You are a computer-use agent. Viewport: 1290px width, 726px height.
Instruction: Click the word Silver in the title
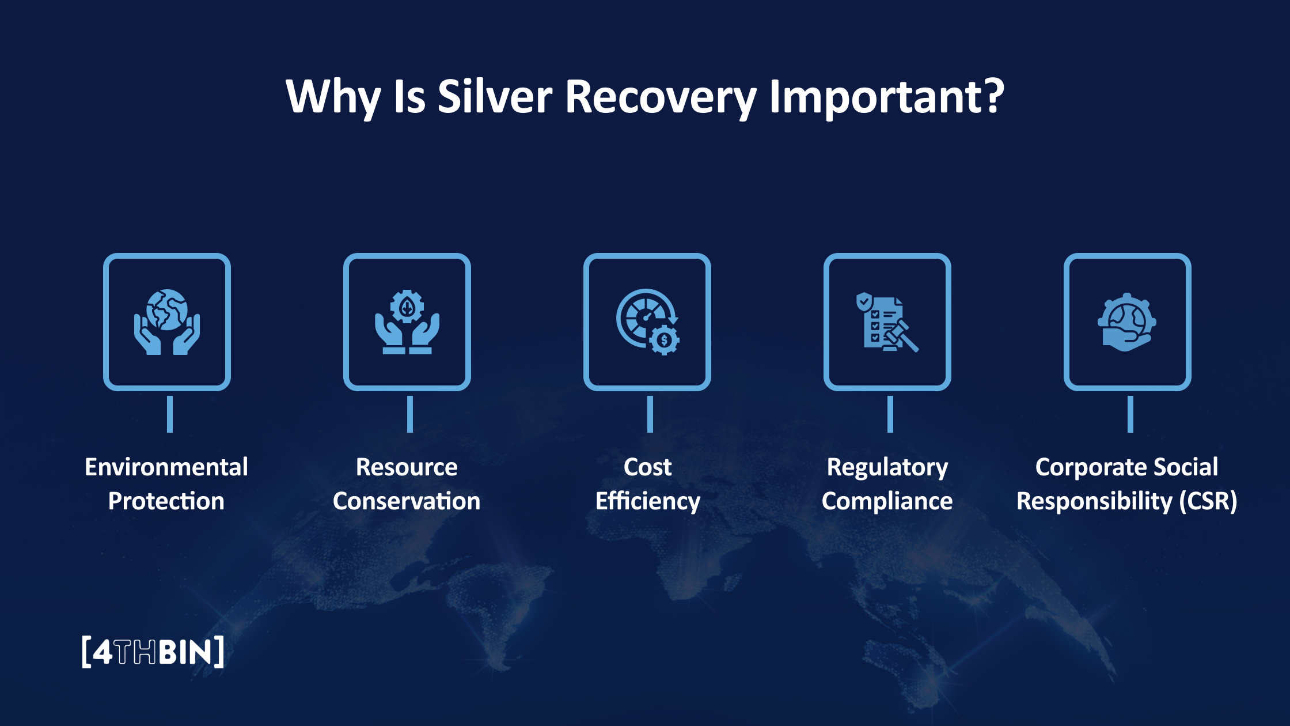pos(495,97)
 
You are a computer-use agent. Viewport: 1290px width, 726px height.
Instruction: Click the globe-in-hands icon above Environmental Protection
pos(167,322)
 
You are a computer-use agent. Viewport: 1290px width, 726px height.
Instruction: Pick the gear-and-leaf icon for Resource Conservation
pos(407,322)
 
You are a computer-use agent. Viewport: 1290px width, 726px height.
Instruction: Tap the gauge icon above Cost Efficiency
pos(647,322)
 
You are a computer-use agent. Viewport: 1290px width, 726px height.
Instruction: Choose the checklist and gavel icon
pos(887,322)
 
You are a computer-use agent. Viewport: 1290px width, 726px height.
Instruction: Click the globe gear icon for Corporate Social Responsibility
pos(1127,322)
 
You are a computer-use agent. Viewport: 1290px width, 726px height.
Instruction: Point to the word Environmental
pos(166,467)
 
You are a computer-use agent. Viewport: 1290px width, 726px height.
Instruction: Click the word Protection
pos(166,501)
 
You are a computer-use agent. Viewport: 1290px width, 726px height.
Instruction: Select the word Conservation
pos(407,501)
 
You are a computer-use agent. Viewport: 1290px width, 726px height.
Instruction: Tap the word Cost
pos(648,467)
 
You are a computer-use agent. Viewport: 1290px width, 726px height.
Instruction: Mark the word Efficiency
pos(648,501)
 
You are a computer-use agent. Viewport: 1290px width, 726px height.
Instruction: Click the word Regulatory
pos(887,467)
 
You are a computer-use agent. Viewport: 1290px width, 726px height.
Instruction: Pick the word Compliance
pos(887,501)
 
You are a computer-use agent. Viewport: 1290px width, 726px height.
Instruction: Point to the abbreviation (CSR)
pos(1208,501)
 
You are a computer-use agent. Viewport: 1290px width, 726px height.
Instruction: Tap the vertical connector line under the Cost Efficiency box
pos(650,414)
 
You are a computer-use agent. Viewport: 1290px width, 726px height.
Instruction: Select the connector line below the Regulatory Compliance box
pos(890,414)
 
